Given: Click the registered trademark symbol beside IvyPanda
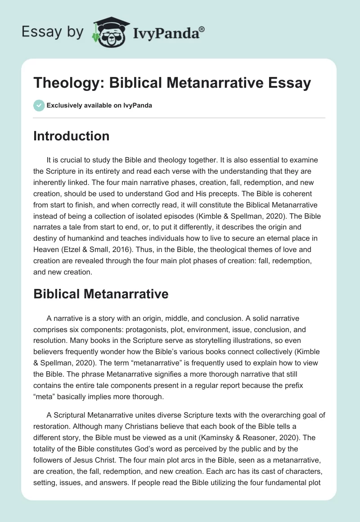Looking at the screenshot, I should [202, 29].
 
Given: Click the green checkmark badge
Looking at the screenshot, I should [39, 105].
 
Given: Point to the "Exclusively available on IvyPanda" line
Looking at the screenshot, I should [93, 105].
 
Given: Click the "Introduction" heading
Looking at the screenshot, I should [71, 136].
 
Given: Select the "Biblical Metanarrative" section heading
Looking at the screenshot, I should [101, 294].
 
